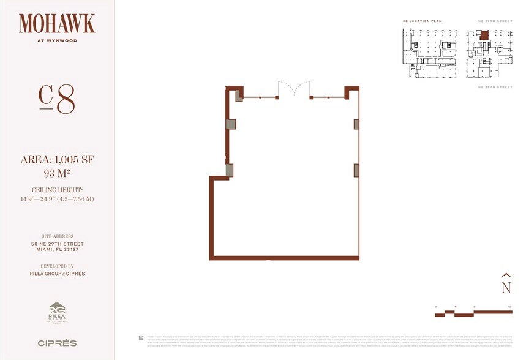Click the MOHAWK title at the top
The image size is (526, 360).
pyautogui.click(x=57, y=24)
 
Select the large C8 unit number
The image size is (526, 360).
pyautogui.click(x=57, y=99)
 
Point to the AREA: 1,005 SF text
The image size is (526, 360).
pyautogui.click(x=57, y=160)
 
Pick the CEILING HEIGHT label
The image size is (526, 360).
pyautogui.click(x=57, y=190)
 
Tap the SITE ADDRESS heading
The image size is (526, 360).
pyautogui.click(x=57, y=236)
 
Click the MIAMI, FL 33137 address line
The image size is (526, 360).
pyautogui.click(x=57, y=250)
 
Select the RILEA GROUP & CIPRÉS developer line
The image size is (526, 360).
pyautogui.click(x=57, y=274)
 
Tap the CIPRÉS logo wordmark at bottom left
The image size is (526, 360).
pyautogui.click(x=57, y=343)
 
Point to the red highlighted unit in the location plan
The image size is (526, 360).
pyautogui.click(x=484, y=36)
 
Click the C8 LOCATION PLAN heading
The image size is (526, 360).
pyautogui.click(x=422, y=21)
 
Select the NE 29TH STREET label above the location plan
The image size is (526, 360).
pyautogui.click(x=495, y=21)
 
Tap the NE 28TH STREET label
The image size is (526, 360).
pyautogui.click(x=495, y=88)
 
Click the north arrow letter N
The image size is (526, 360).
pyautogui.click(x=506, y=287)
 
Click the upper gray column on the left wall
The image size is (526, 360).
pyautogui.click(x=230, y=124)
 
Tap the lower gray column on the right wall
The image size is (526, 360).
pyautogui.click(x=356, y=170)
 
